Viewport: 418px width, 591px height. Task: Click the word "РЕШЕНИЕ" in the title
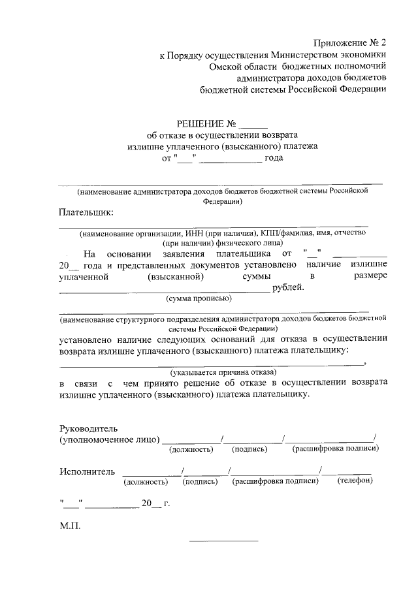(201, 123)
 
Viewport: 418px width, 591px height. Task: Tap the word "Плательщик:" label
(86, 212)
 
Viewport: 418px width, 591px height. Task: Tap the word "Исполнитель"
(87, 471)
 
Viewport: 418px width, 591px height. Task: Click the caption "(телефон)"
(355, 481)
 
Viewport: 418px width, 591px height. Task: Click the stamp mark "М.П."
(69, 526)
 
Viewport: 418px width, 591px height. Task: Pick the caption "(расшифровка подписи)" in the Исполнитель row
(275, 481)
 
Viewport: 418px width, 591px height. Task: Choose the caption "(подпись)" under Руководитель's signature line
(249, 449)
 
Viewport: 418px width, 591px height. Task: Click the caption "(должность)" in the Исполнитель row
(146, 482)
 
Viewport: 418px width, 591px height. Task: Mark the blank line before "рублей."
(164, 290)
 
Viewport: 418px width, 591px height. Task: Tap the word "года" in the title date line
(275, 158)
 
